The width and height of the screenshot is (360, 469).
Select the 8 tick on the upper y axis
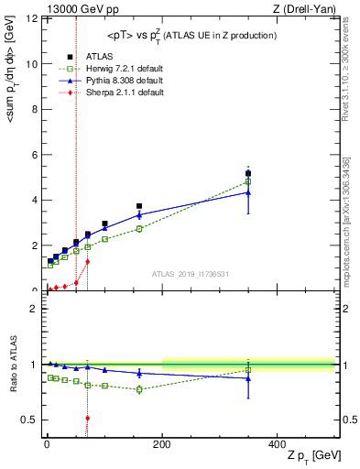[35, 110]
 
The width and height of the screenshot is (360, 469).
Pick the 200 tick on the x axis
[162, 443]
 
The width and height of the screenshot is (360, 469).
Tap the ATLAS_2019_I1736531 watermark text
[191, 274]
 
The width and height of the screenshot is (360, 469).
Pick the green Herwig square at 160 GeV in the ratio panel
[139, 389]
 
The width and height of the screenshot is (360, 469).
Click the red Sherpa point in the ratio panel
[87, 419]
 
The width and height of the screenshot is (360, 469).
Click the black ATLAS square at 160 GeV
[139, 206]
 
